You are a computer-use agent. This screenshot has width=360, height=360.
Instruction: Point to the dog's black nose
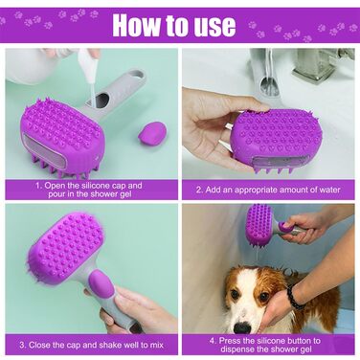(x=243, y=328)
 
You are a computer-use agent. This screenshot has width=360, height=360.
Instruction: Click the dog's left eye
(x=264, y=297)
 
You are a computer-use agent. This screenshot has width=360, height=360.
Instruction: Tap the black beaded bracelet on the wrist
(x=294, y=297)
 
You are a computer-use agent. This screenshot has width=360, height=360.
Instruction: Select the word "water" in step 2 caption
(x=329, y=190)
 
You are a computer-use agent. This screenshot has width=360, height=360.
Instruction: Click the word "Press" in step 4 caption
(x=230, y=341)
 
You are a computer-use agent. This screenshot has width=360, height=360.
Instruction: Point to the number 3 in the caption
(x=22, y=345)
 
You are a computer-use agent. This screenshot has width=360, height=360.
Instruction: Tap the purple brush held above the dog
(x=259, y=224)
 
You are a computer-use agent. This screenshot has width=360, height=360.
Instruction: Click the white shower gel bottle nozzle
(x=88, y=65)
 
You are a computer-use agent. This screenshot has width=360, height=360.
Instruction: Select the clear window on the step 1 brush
(x=44, y=150)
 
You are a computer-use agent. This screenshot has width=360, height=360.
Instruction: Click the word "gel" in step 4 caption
(x=305, y=349)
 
